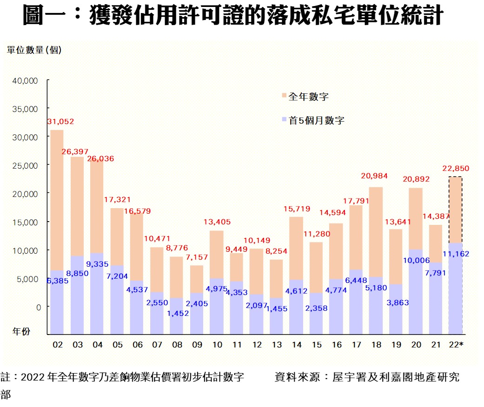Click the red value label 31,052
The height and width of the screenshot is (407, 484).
pos(60,122)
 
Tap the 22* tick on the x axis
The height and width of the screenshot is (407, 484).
pos(455,345)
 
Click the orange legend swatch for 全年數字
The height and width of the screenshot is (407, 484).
pos(284,96)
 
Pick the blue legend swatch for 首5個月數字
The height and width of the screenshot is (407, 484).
pos(284,120)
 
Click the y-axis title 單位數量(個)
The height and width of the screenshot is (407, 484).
pos(34,50)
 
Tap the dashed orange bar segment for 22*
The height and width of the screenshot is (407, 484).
pos(455,210)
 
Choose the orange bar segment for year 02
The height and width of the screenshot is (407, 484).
pos(57,200)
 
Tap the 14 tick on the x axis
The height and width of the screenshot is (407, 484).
pos(296,345)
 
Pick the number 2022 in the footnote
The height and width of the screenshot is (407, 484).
pos(33,376)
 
